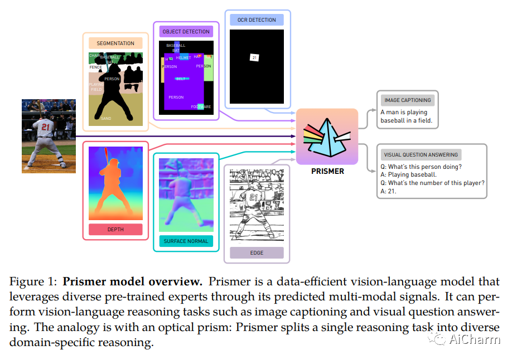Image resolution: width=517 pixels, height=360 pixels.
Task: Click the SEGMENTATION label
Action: [115, 43]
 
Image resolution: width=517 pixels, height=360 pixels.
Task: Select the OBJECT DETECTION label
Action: [186, 32]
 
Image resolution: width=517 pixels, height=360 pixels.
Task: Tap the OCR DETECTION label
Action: [257, 20]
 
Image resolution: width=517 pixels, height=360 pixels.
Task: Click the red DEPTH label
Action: [115, 229]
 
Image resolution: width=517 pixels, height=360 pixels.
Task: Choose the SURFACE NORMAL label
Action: [186, 241]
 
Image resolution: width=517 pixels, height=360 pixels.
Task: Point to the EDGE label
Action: [257, 253]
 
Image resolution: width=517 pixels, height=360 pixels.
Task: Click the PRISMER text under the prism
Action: [327, 171]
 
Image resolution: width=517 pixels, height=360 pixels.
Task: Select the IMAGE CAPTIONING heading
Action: [408, 100]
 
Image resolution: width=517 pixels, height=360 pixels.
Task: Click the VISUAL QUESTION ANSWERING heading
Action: [421, 154]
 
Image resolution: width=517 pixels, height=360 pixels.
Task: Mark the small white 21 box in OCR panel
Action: [254, 57]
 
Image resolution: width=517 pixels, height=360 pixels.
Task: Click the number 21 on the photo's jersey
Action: [46, 127]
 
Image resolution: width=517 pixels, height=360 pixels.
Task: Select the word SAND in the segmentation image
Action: [106, 118]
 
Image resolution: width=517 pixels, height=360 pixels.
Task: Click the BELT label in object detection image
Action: [181, 79]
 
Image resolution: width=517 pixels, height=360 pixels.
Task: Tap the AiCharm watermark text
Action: [475, 339]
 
